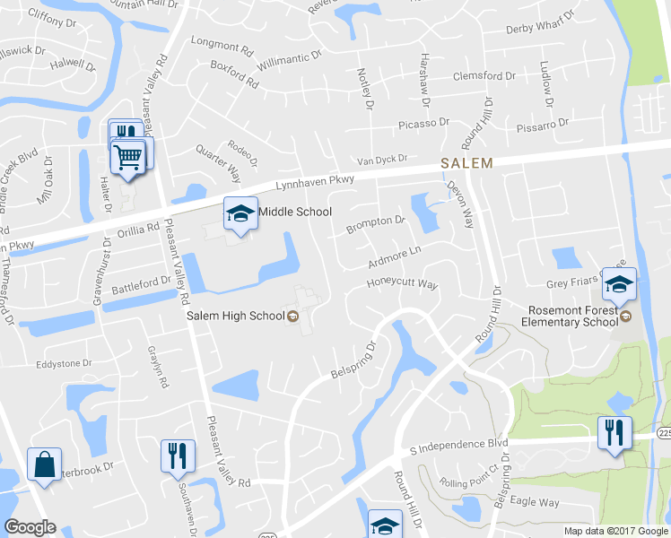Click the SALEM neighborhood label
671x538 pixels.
click(x=466, y=163)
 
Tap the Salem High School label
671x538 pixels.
click(x=236, y=316)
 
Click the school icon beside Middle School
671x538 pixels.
click(x=240, y=213)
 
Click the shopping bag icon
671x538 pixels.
click(x=44, y=465)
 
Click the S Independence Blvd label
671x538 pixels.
click(x=458, y=445)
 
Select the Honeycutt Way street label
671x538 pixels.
click(x=401, y=284)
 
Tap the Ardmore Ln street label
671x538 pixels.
click(x=394, y=258)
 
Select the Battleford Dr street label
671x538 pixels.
click(x=141, y=286)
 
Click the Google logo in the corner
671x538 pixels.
click(x=30, y=527)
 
